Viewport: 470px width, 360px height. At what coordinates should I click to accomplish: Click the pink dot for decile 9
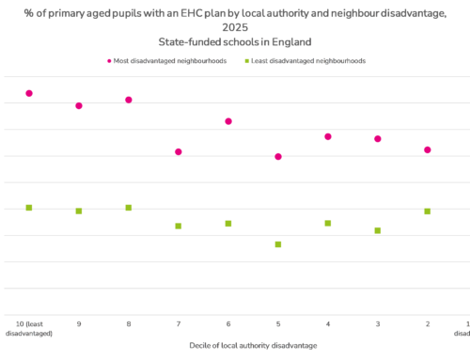[79, 105]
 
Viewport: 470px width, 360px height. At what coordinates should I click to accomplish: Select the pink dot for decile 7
[179, 151]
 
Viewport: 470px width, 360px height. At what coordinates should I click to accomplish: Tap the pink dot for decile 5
[278, 156]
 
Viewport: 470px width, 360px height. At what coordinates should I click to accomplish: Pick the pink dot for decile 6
[228, 121]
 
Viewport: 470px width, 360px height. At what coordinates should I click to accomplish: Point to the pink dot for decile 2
[428, 149]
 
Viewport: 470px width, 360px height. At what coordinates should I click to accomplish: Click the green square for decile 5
[278, 244]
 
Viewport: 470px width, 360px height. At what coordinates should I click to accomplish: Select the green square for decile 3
[378, 230]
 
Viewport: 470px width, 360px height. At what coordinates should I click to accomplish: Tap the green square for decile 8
[129, 208]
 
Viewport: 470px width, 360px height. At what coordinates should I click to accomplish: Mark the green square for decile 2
[428, 211]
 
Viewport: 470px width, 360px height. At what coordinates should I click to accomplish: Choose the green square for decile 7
[179, 226]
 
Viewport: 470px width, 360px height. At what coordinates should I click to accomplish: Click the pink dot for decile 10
[29, 93]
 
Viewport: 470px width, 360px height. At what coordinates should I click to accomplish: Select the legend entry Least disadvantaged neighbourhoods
[305, 61]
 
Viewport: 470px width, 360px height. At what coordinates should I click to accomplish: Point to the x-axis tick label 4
[328, 323]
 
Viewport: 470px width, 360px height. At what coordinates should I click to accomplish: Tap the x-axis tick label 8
[129, 323]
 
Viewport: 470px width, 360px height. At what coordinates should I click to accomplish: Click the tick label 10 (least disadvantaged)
[29, 328]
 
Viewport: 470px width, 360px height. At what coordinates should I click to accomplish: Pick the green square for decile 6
[228, 224]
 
